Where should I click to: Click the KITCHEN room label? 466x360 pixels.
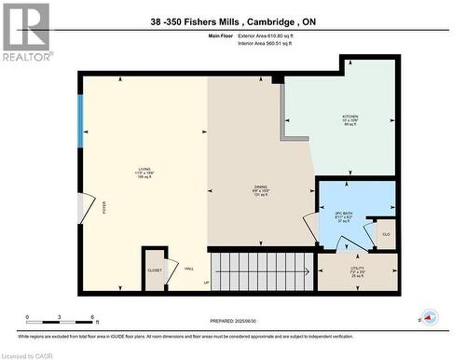[x=349, y=117]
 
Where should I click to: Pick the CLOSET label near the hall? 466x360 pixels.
[x=155, y=270]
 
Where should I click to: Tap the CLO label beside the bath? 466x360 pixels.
[x=386, y=233]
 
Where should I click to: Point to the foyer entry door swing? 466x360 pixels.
[x=89, y=206]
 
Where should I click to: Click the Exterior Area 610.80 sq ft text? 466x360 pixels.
[x=277, y=35]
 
